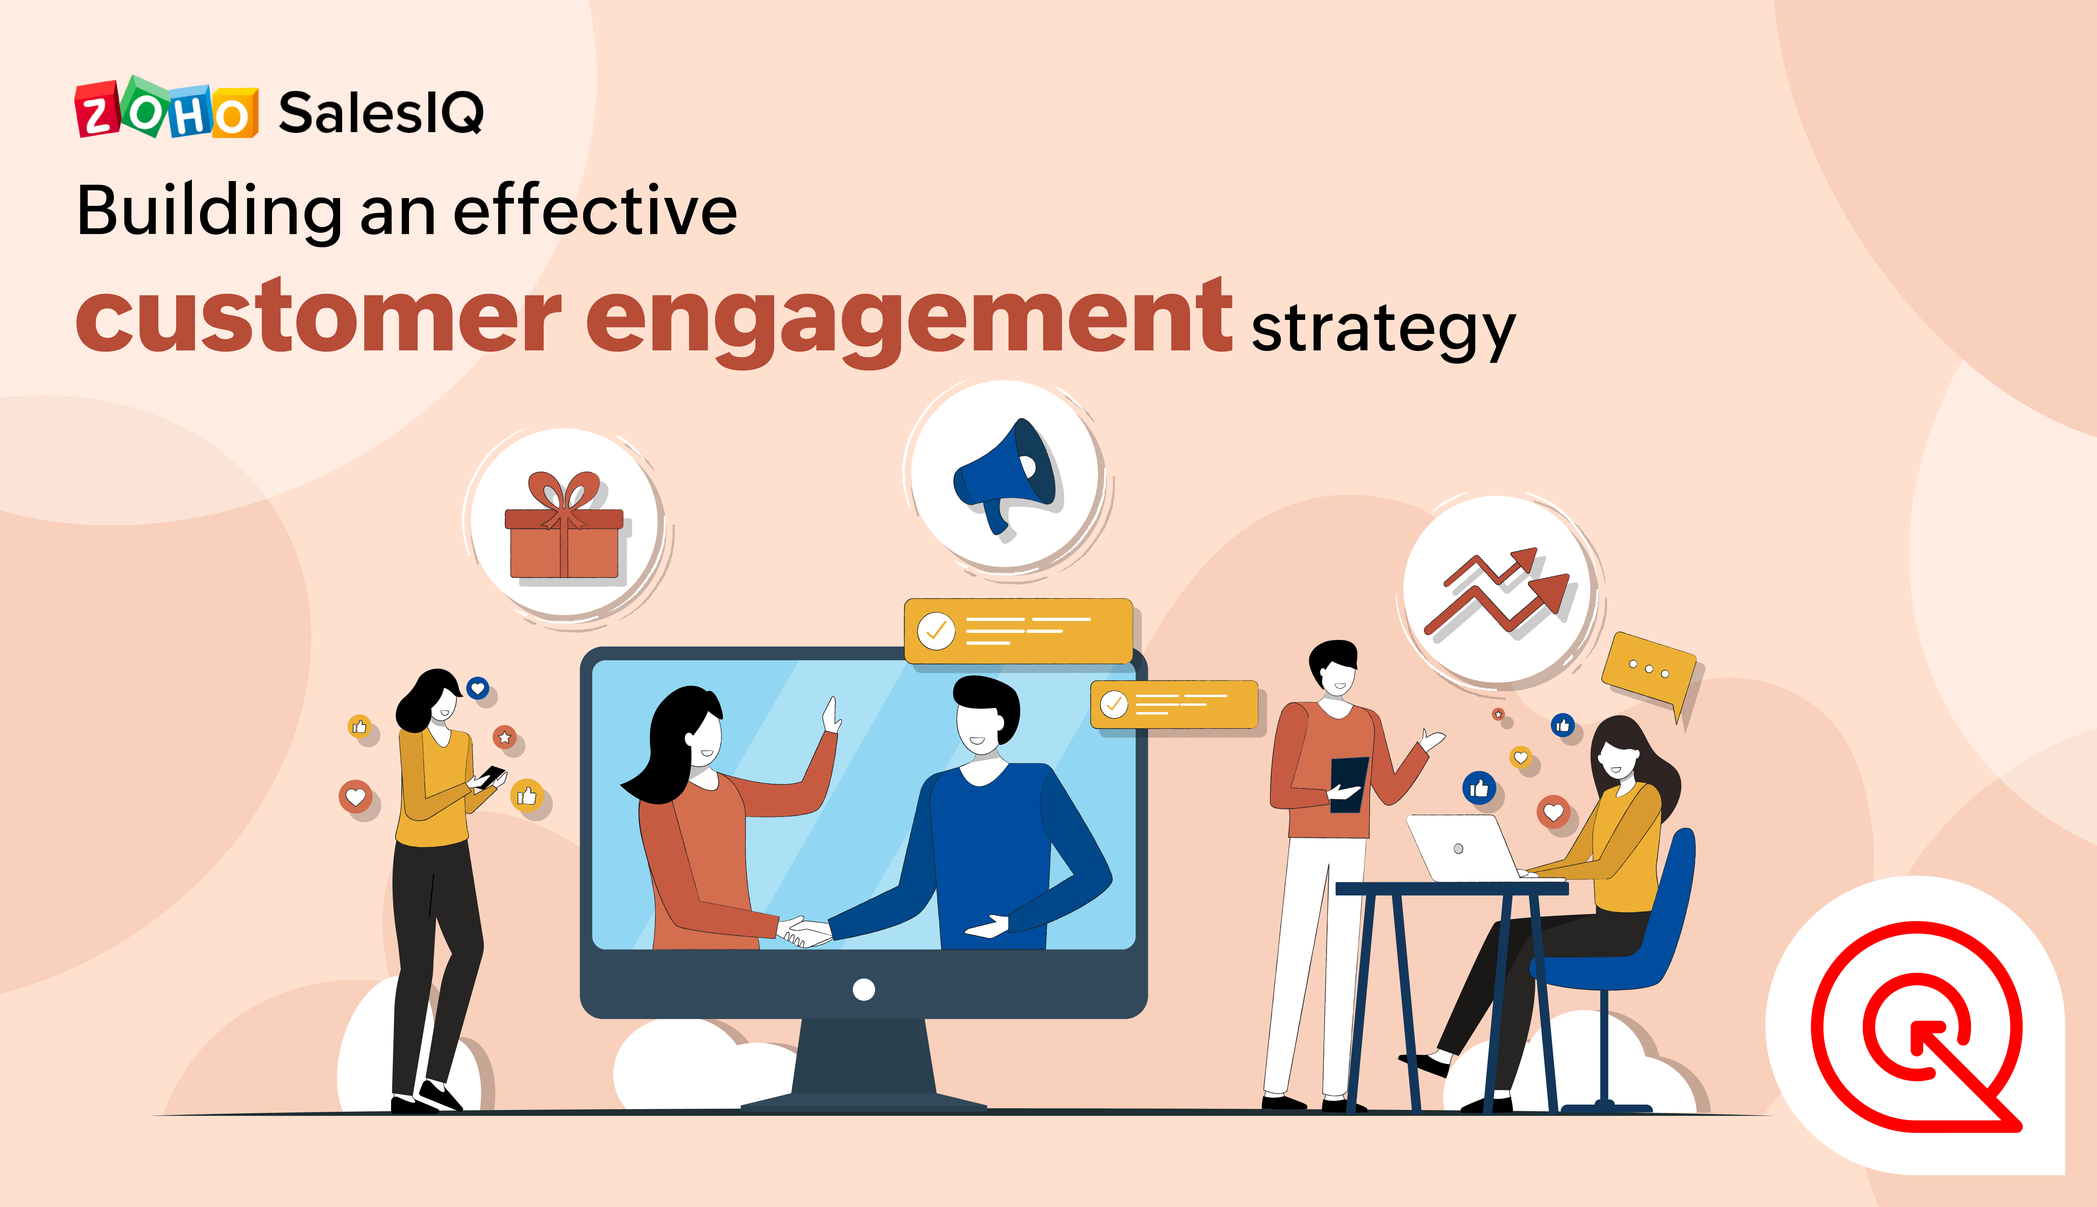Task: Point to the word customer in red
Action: pos(318,317)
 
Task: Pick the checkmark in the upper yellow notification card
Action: pos(936,632)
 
